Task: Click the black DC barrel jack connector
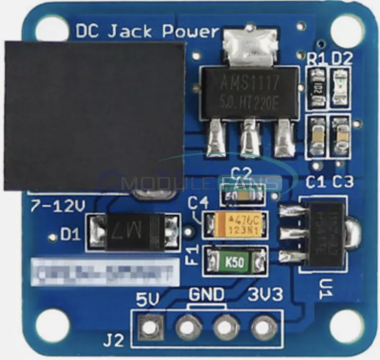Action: tap(95, 116)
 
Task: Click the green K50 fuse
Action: tap(235, 260)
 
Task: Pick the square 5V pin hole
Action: tap(149, 327)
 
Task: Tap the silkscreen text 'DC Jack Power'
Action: tap(147, 32)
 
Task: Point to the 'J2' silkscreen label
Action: tap(113, 341)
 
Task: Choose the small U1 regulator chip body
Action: tap(322, 233)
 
